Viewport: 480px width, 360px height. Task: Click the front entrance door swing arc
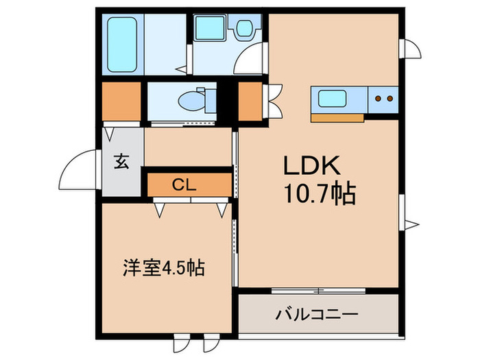[x=79, y=171]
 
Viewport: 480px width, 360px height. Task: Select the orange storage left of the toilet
[x=121, y=101]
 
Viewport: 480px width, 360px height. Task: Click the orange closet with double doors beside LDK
[x=250, y=101]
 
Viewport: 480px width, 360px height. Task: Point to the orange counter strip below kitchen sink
[x=337, y=117]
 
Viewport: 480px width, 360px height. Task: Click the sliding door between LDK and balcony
[x=319, y=290]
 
